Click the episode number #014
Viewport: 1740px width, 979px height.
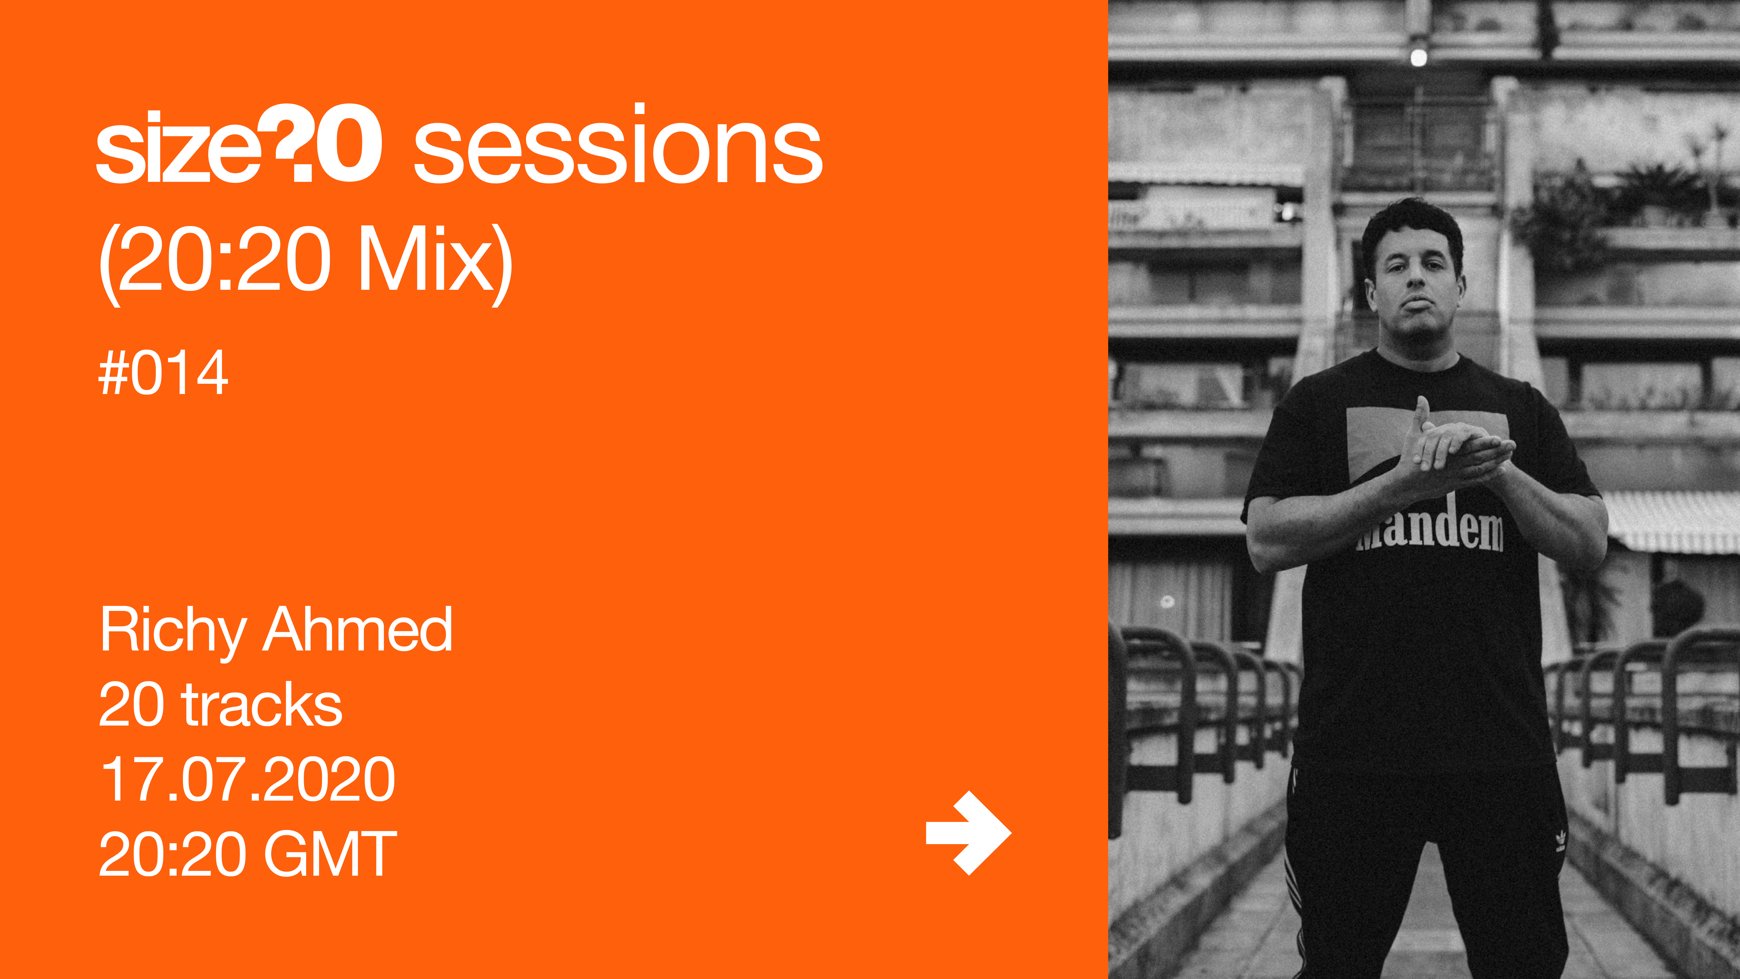tap(164, 372)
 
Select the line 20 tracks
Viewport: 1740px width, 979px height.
tap(220, 705)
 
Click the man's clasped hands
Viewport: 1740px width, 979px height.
tap(1452, 449)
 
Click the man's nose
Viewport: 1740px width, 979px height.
tap(1414, 287)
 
